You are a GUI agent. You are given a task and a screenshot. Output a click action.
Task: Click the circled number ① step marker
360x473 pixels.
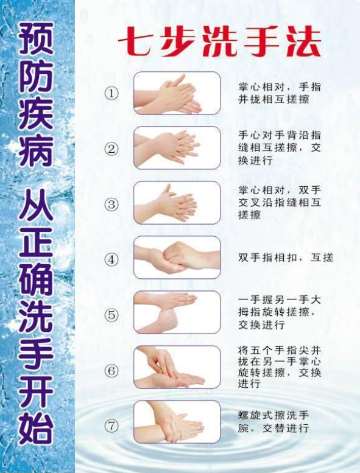(111, 93)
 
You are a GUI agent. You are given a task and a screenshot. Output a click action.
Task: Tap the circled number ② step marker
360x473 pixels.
(111, 149)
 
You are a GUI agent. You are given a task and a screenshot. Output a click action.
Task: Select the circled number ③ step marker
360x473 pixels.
(111, 204)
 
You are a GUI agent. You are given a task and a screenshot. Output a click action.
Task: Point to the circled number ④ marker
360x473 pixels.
(111, 259)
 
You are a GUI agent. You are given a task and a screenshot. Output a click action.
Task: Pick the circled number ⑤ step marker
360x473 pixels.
(111, 315)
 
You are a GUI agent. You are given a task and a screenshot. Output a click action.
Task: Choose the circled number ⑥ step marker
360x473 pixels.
(111, 370)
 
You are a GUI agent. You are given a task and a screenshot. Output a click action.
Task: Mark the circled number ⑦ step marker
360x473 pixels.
(111, 426)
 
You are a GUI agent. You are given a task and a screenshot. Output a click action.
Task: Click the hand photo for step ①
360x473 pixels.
(177, 93)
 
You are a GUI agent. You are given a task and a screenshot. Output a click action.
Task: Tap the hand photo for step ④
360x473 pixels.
(177, 258)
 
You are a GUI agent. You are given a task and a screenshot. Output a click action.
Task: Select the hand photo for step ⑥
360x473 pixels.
(177, 367)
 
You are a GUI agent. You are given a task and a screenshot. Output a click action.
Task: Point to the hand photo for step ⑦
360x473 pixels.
(177, 422)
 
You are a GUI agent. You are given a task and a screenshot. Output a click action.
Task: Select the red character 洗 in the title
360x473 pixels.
(219, 42)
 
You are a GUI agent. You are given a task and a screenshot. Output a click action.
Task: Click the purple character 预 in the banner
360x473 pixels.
(36, 38)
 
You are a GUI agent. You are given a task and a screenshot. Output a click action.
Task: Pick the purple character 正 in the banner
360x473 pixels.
(36, 247)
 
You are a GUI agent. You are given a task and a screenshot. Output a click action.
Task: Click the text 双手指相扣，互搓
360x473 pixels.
(286, 258)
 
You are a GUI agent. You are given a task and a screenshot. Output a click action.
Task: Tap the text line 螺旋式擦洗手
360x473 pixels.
(274, 415)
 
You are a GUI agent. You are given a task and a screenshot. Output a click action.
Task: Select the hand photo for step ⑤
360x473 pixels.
(177, 312)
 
